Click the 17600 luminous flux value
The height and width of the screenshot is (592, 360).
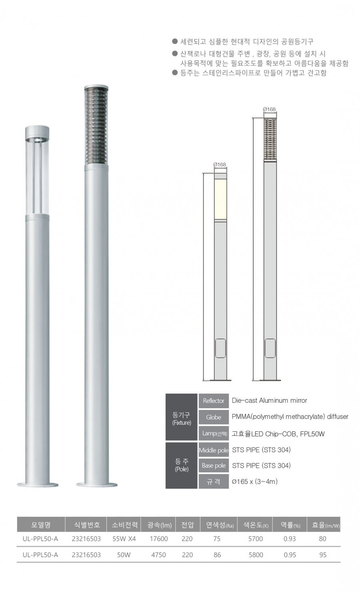158,539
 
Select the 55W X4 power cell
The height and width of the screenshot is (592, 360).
124,539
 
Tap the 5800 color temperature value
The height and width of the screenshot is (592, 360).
256,555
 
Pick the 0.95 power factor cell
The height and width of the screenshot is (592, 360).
290,555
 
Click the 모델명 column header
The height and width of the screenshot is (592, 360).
41,525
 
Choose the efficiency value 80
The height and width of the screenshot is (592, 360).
322,539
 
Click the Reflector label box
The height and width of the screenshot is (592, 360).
214,401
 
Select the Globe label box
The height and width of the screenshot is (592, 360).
214,417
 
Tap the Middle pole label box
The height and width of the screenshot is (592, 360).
214,450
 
